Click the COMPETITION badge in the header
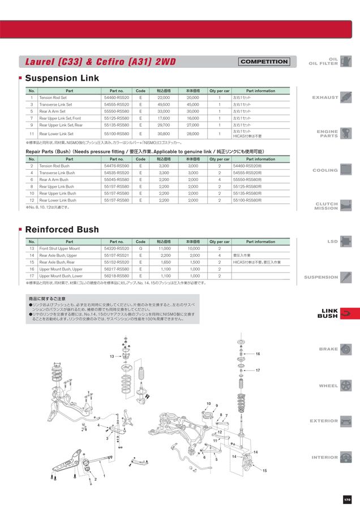point(264,62)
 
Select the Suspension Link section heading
point(62,78)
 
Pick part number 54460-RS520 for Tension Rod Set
point(117,98)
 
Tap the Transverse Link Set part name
point(55,105)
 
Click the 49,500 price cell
point(164,105)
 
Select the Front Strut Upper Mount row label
point(59,249)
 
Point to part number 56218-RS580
point(117,276)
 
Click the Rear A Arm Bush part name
point(54,180)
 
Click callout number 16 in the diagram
point(258,354)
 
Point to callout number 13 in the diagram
point(112,357)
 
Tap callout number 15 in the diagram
point(264,471)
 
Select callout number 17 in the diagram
point(258,370)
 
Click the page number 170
point(347,499)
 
